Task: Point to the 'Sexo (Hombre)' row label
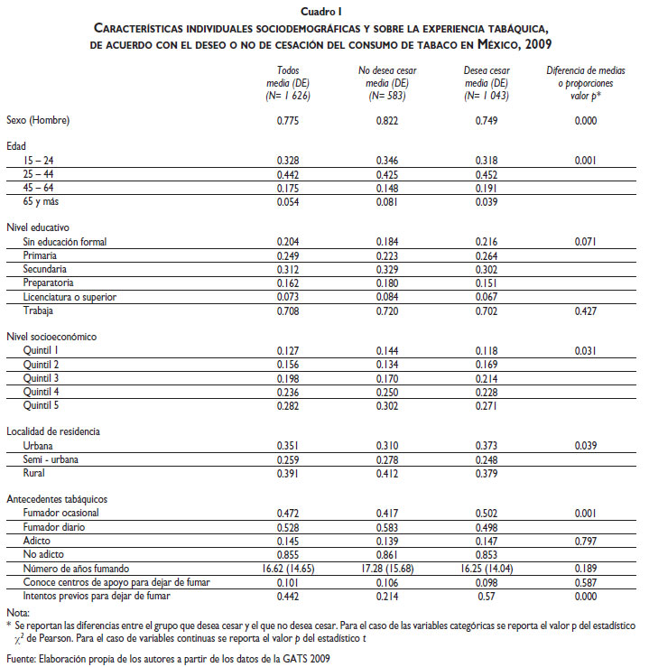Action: click(37, 120)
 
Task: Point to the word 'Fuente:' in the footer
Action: click(20, 659)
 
